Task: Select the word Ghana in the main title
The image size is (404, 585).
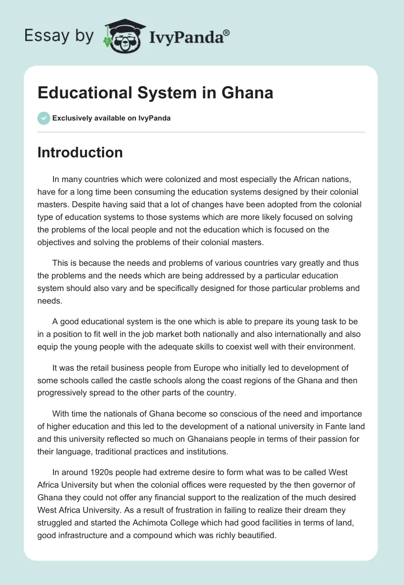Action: click(247, 93)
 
